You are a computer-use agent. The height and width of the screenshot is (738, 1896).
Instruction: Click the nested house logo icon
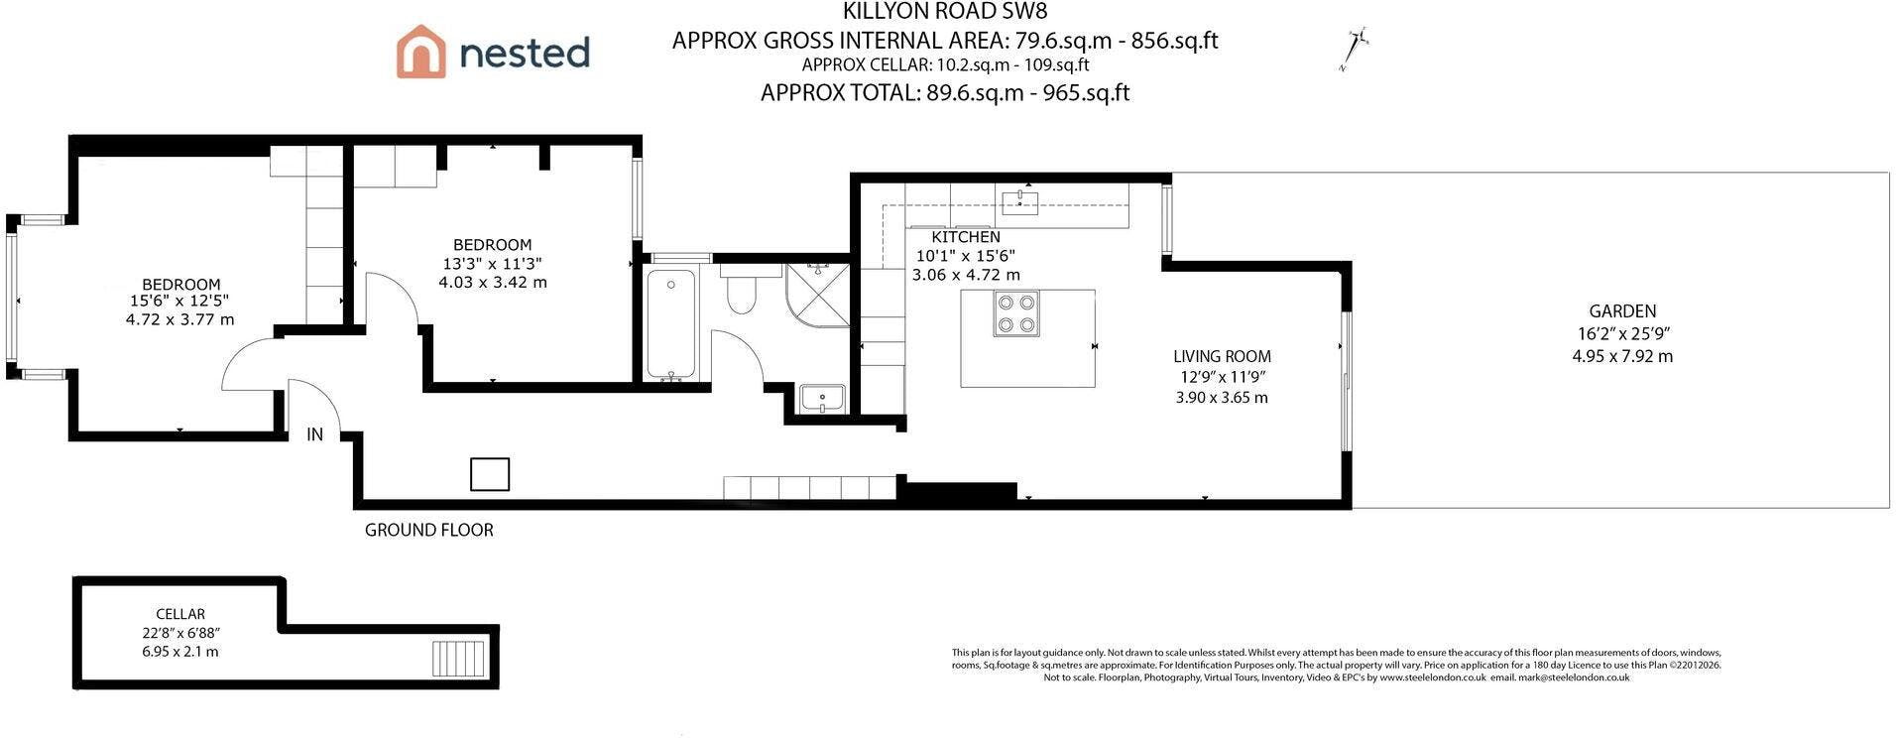(x=420, y=51)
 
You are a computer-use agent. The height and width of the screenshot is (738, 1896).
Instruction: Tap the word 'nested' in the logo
(x=525, y=53)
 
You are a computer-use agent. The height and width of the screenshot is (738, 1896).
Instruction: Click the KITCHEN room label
(x=966, y=237)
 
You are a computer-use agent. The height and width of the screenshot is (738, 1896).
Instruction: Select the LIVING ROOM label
(x=1222, y=356)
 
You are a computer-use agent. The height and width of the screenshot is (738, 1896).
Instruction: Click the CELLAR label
(x=180, y=614)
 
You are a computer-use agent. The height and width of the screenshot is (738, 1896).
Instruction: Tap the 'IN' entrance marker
(x=314, y=434)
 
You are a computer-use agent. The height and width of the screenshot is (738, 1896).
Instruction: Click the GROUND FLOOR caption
(x=429, y=530)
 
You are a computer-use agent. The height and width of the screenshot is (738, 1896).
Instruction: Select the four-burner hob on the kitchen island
(x=1015, y=313)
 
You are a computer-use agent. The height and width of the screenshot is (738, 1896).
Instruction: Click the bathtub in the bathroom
(x=672, y=323)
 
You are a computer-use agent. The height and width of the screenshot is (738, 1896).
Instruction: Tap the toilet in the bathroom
(x=741, y=288)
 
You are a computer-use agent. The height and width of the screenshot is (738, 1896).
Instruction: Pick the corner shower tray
(x=818, y=296)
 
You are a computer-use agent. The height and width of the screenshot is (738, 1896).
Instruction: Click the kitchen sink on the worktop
(x=1019, y=203)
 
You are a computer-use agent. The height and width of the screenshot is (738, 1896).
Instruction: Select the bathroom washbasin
(x=822, y=399)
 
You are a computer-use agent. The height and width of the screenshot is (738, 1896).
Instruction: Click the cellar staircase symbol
(x=459, y=657)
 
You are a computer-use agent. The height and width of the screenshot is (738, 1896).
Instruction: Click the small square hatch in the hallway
(x=490, y=474)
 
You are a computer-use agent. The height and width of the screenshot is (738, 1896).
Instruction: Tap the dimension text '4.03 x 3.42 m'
(x=493, y=283)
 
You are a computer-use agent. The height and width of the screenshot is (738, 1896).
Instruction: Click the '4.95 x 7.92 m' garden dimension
(x=1622, y=356)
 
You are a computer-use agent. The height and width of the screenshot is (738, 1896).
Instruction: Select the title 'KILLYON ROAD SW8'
(x=945, y=12)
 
